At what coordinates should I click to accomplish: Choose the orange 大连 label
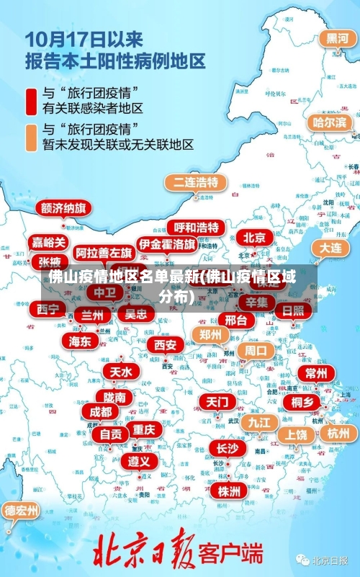pos(330,247)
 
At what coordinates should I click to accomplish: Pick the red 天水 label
pos(120,372)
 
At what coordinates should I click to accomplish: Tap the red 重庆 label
pos(144,429)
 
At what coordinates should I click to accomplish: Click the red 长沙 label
pos(227,448)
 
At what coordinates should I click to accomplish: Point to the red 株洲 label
pos(229,491)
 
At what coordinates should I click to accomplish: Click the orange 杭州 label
pos(338,433)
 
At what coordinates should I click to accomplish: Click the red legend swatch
pos(32,101)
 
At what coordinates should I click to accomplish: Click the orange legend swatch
pos(32,137)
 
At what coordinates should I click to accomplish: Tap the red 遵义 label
pos(140,460)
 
